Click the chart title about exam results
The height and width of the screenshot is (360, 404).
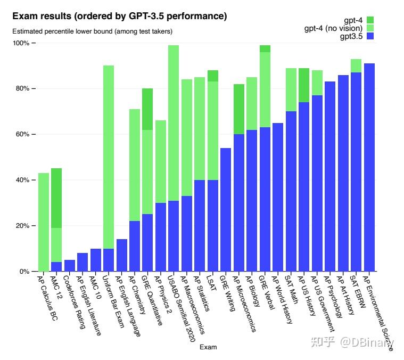120,17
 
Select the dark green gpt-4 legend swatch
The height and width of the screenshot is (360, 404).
370,20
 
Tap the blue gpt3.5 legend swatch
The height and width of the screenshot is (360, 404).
370,36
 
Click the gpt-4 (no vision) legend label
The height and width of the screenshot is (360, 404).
333,28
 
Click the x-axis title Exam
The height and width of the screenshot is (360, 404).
208,347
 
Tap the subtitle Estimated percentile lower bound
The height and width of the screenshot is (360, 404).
92,31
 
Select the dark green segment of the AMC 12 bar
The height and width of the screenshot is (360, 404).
56,198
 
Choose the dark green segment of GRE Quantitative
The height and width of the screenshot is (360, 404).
147,109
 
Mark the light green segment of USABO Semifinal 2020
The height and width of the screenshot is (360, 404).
174,122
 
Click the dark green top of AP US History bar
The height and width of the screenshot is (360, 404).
304,85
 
